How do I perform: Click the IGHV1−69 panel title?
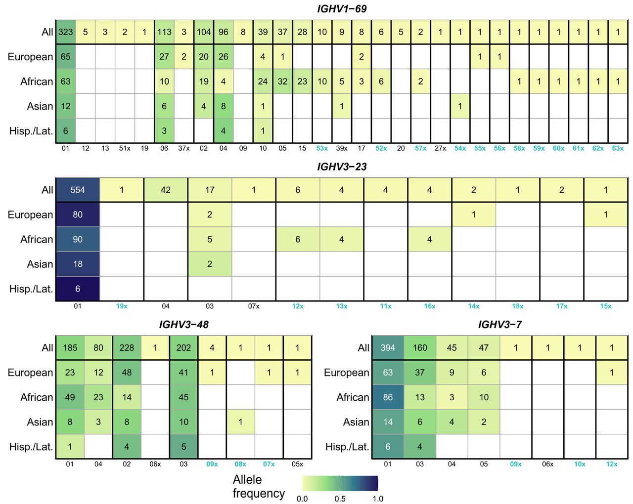coord(342,9)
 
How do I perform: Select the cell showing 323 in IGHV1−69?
coord(66,32)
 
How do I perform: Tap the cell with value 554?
coord(78,190)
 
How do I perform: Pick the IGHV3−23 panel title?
coord(342,167)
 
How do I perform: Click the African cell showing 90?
coord(78,240)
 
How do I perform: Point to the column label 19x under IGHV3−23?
coord(122,306)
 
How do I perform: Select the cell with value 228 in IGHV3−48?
coord(127,348)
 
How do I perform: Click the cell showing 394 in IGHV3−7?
coord(388,348)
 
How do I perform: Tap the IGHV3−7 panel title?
coord(499,325)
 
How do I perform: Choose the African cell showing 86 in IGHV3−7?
coord(388,397)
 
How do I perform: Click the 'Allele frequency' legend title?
coord(259,486)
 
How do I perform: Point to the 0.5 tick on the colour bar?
coord(340,499)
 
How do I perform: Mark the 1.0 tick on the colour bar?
coord(378,499)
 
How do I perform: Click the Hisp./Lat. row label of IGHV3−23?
coord(31,289)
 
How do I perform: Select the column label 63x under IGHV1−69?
coord(618,148)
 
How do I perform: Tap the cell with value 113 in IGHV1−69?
coord(164,32)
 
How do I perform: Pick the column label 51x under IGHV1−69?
coord(125,148)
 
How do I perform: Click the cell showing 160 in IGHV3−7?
coord(420,348)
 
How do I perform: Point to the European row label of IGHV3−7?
coord(346,373)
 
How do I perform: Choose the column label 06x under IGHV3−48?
coord(155,464)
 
